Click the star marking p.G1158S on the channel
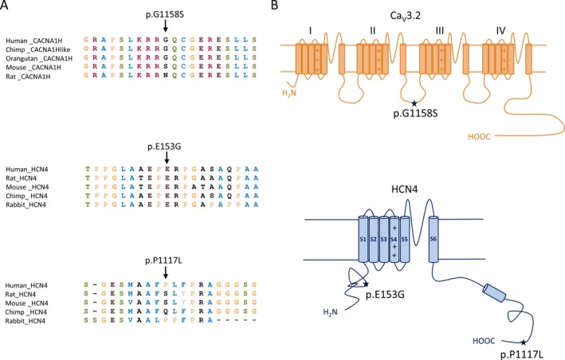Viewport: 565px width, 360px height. coord(414,103)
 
